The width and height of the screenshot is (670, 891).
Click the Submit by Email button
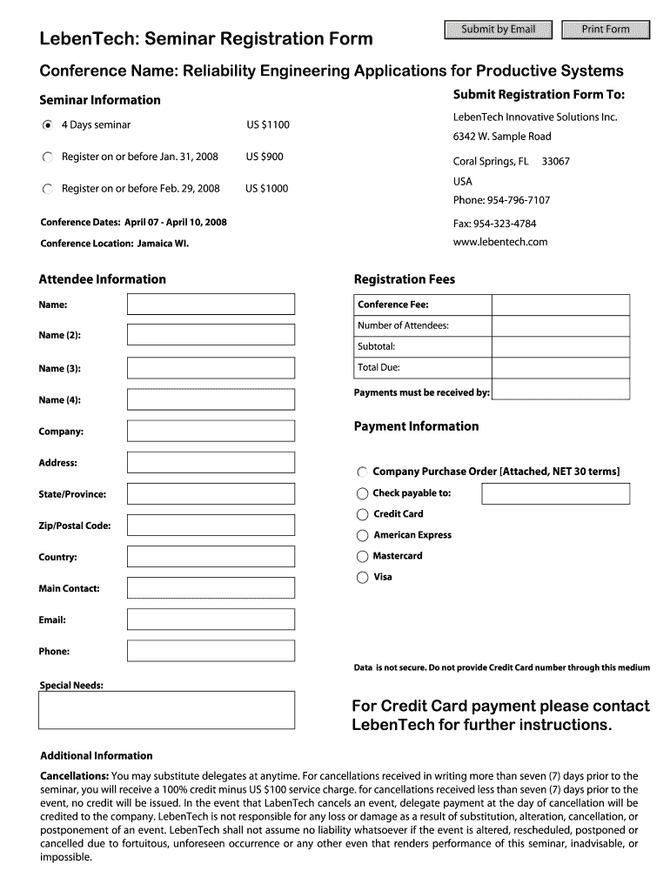[x=498, y=30]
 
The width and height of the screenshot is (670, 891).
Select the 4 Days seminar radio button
[x=48, y=125]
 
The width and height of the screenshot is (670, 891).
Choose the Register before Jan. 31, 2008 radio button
[x=48, y=157]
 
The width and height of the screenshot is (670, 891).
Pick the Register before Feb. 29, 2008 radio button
[x=48, y=189]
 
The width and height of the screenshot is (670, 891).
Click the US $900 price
[x=265, y=157]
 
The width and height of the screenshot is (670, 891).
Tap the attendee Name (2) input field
[x=211, y=335]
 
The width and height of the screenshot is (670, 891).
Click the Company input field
[x=211, y=432]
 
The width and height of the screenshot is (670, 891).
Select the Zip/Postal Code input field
[x=211, y=526]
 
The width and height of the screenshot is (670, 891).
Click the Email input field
[x=211, y=620]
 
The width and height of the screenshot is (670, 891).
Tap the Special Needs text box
[x=166, y=710]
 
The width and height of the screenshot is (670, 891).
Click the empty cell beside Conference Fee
[x=560, y=305]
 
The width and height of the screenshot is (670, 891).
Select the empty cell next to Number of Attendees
[x=560, y=325]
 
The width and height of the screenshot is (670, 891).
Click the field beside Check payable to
[x=555, y=493]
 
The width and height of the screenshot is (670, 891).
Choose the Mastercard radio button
[x=363, y=557]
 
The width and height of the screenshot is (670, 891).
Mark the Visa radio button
[x=363, y=578]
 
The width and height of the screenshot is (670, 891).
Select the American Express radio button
[x=363, y=536]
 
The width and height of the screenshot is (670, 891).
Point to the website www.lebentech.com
[x=500, y=242]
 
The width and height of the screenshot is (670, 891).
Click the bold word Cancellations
[x=75, y=776]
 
